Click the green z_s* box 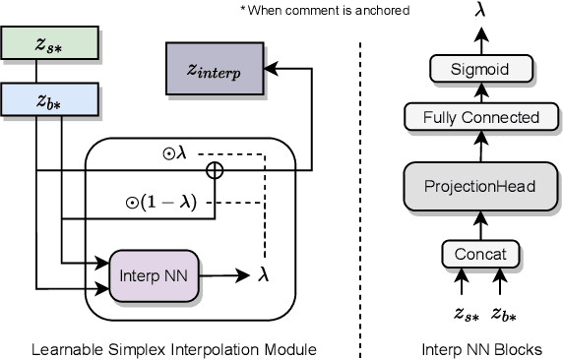[x=37, y=45]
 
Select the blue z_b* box [x=37, y=99]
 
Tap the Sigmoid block [x=481, y=68]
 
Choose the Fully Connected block [x=481, y=117]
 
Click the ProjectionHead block [x=481, y=185]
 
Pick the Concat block [x=481, y=254]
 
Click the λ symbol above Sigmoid [x=481, y=11]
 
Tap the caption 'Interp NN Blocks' [x=481, y=349]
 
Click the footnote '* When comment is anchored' [x=286, y=10]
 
